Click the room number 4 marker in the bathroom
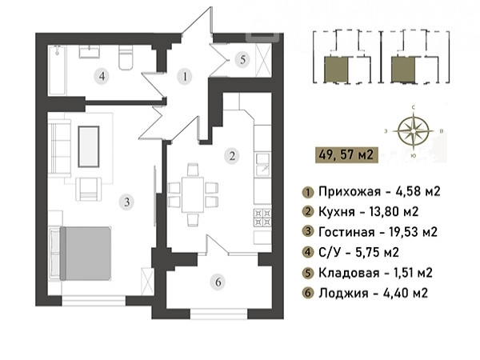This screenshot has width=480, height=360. tap(102, 76)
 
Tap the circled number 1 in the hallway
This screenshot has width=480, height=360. tap(185, 77)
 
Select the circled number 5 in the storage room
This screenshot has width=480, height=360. tap(242, 59)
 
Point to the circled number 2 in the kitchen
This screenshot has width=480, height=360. tap(232, 156)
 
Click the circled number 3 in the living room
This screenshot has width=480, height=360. tap(126, 202)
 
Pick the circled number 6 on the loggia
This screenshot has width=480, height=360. tap(218, 282)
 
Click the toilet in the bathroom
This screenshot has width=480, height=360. tap(126, 58)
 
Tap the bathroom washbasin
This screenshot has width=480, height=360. tap(89, 51)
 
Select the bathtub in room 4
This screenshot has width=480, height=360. tap(58, 70)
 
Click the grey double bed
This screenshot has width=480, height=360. tap(86, 253)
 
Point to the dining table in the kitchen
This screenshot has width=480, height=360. tap(193, 194)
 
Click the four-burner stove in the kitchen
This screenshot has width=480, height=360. tap(262, 218)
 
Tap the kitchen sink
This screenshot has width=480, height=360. tap(262, 165)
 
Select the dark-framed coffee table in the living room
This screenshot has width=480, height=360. tap(89, 146)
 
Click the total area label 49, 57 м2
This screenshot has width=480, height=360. tap(346, 155)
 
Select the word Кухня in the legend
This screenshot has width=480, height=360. tap(337, 211)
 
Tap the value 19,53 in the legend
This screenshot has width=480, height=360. tap(398, 232)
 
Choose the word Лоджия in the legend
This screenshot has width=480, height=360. tap(343, 293)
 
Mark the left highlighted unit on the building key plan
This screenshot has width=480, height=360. tap(336, 69)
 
